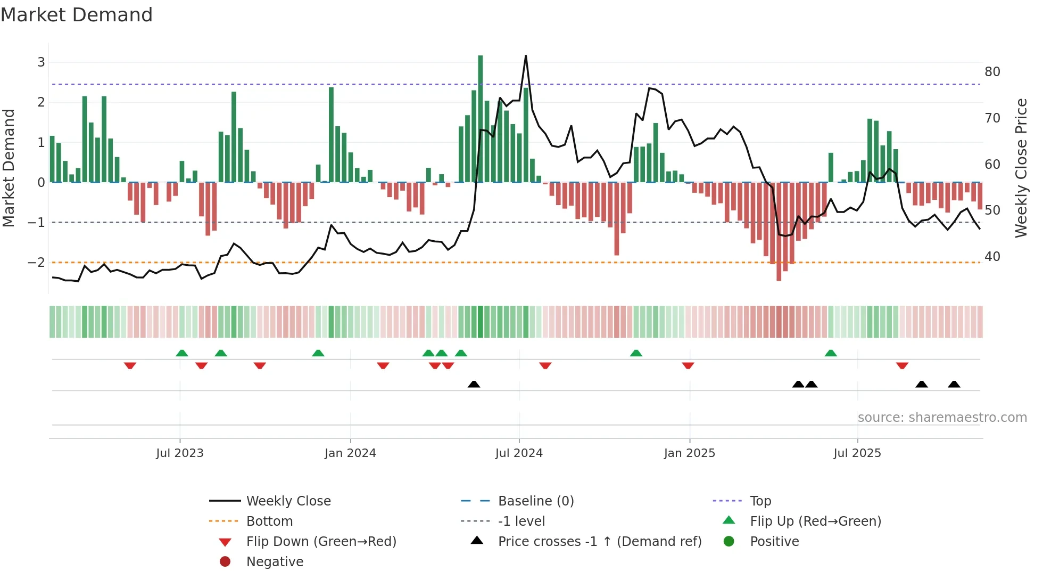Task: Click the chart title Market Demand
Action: (x=77, y=15)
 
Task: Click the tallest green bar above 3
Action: (x=480, y=117)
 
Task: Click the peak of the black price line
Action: (x=526, y=56)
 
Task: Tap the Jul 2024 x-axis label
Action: (x=519, y=453)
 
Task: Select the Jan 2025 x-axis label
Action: (x=689, y=453)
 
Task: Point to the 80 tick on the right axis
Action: (x=992, y=72)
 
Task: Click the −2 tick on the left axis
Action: (x=36, y=262)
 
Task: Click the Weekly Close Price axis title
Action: (x=1021, y=168)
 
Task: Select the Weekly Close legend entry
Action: (x=288, y=501)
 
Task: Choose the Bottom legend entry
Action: (x=269, y=521)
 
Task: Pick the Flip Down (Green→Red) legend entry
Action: (x=321, y=542)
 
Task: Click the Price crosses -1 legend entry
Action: (x=599, y=542)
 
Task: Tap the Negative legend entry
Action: (x=275, y=562)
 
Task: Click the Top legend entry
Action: (x=760, y=501)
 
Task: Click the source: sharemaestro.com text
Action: (x=942, y=418)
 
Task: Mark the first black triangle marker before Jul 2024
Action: (x=474, y=384)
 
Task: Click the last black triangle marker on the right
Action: (x=954, y=384)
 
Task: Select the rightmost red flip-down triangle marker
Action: (x=902, y=365)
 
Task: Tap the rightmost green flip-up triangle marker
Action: (x=831, y=353)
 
